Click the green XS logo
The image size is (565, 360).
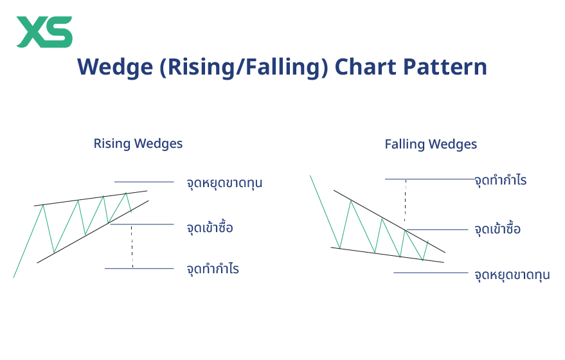44,32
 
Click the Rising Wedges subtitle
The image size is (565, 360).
138,143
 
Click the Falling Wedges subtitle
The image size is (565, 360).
431,144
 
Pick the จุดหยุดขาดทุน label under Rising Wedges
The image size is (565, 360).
224,183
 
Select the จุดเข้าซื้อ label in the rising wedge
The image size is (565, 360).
210,228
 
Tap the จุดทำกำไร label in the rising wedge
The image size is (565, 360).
213,269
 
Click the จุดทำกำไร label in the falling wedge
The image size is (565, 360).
501,180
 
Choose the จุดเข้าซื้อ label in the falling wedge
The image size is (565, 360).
498,230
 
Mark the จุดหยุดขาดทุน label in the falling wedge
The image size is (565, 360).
512,275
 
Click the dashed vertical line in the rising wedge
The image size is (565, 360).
132,246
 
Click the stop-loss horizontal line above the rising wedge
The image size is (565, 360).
144,182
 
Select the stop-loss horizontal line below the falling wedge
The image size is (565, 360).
431,273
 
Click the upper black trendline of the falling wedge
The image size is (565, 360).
386,219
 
